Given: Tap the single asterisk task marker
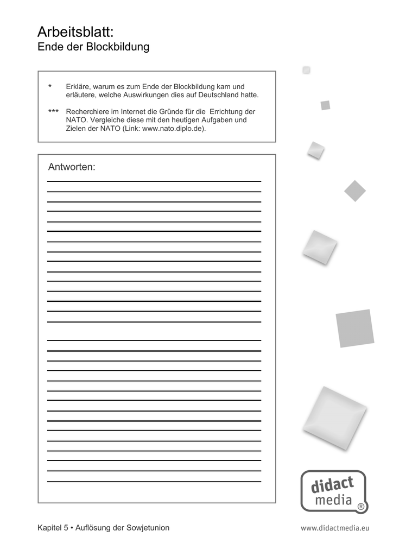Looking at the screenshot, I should point(50,87).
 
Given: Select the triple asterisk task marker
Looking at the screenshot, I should point(53,112).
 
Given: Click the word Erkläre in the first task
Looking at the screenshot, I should point(78,86).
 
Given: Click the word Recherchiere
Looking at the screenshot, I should point(87,111).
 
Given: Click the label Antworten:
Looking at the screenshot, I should point(72,167).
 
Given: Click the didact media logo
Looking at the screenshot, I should point(333,491).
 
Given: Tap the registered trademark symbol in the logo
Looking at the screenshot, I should point(361,507).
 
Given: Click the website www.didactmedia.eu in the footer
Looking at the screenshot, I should point(334,528).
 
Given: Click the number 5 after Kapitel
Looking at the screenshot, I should point(66,528).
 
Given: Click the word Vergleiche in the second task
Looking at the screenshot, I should point(105,120).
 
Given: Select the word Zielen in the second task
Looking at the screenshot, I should point(75,129).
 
